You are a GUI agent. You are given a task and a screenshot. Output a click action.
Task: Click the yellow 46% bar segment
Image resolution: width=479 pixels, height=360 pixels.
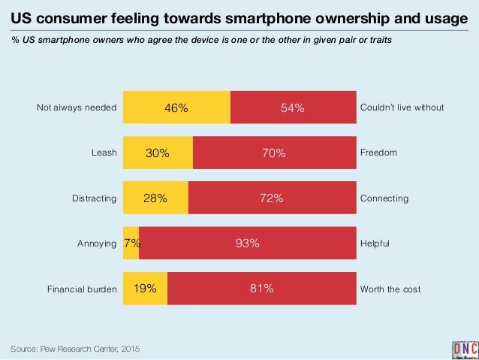(x=176, y=107)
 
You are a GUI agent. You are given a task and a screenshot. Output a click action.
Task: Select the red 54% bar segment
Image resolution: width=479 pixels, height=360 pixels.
(x=292, y=107)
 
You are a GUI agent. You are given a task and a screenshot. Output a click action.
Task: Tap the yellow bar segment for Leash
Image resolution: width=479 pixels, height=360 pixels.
(x=158, y=153)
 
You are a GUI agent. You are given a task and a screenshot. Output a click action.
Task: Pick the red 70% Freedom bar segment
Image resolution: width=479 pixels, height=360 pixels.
(x=273, y=153)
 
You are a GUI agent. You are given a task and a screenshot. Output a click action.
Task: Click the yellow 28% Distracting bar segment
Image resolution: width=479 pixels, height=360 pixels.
(x=155, y=198)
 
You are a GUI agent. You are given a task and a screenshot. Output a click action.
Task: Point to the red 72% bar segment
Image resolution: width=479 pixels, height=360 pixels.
(x=271, y=198)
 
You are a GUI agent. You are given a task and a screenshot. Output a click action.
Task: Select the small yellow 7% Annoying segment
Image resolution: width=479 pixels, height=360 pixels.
(x=131, y=243)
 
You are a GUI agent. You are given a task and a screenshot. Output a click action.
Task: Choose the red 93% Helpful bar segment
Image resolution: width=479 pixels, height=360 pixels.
(x=247, y=243)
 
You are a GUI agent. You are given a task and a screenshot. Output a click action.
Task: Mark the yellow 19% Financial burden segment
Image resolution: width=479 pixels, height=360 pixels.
(x=145, y=288)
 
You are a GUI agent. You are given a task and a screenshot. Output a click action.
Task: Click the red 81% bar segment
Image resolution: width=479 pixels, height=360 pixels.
(x=261, y=288)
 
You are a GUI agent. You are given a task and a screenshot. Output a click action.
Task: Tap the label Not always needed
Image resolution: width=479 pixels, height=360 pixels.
(x=77, y=107)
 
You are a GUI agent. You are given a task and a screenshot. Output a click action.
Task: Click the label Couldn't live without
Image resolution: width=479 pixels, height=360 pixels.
(x=402, y=107)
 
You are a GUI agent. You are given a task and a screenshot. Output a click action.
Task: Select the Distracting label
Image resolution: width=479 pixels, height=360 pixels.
(x=94, y=198)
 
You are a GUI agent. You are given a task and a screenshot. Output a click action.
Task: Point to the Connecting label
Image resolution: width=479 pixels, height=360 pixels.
(x=384, y=198)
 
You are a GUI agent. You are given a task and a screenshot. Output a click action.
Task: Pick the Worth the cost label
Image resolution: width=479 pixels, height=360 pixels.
(x=390, y=289)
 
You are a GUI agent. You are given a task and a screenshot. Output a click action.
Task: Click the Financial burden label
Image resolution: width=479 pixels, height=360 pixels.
(x=82, y=289)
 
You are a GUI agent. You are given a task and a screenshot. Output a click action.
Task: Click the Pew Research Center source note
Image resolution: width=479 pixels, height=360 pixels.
(x=75, y=349)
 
